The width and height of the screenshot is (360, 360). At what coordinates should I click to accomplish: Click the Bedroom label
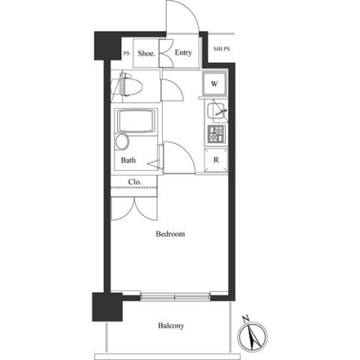coord(170,234)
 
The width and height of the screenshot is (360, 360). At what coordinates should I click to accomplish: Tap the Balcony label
coord(171,325)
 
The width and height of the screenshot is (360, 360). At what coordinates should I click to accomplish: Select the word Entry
coord(183,52)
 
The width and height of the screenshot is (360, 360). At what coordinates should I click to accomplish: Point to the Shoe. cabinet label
coord(146,53)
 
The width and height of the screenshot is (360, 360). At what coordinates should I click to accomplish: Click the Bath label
coord(128,160)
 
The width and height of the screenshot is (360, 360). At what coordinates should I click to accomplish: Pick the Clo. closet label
coord(135,181)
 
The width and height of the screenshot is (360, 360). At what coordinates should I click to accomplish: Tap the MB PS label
coord(221,49)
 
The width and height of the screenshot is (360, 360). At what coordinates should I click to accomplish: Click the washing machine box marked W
coord(214,84)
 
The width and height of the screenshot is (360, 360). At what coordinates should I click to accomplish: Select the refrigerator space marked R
coord(216,160)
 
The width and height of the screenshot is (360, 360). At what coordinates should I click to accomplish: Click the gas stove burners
coord(217,133)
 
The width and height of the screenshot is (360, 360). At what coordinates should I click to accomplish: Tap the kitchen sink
coord(217,111)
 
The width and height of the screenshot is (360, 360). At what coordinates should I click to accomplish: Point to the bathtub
coord(136,121)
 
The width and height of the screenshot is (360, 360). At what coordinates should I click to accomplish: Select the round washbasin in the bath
coord(122,142)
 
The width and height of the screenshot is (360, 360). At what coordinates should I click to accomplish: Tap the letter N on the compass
coord(246,319)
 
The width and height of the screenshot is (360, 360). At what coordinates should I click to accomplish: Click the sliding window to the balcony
coord(175,297)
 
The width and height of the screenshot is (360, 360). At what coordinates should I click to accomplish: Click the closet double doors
coord(134,208)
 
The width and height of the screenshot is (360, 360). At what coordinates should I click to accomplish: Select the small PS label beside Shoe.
coord(127,53)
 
